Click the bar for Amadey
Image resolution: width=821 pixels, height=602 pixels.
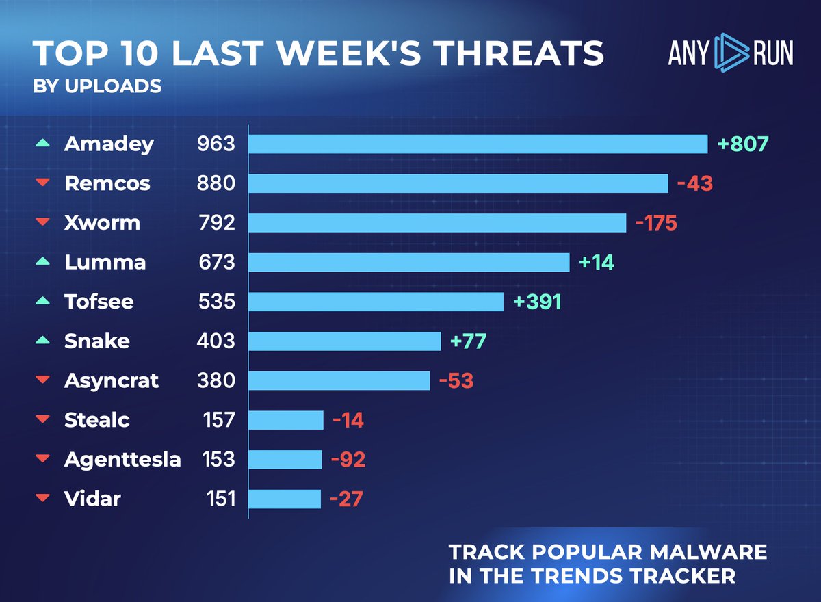click(478, 144)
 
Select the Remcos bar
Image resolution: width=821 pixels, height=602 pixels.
click(458, 184)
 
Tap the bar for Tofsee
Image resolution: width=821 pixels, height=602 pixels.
click(376, 302)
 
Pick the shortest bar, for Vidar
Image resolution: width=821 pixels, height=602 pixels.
click(284, 499)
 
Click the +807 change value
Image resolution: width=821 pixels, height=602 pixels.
click(743, 144)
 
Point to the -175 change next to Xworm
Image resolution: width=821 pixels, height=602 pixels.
click(656, 223)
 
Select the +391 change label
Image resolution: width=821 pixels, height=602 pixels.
click(537, 302)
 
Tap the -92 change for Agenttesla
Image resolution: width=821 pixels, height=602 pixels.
click(348, 460)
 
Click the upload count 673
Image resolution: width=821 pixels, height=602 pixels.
click(215, 263)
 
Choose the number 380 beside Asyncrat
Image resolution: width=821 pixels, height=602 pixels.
click(215, 380)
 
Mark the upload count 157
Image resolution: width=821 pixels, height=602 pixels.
click(220, 420)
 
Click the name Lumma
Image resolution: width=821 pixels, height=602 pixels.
click(105, 263)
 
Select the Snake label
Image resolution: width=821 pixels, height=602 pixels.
click(96, 341)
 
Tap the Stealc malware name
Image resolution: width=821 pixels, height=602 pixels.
click(96, 420)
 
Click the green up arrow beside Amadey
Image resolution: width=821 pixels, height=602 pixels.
click(43, 144)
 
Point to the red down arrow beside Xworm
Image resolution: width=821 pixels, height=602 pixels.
click(43, 223)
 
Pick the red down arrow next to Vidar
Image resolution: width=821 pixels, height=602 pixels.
click(43, 499)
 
